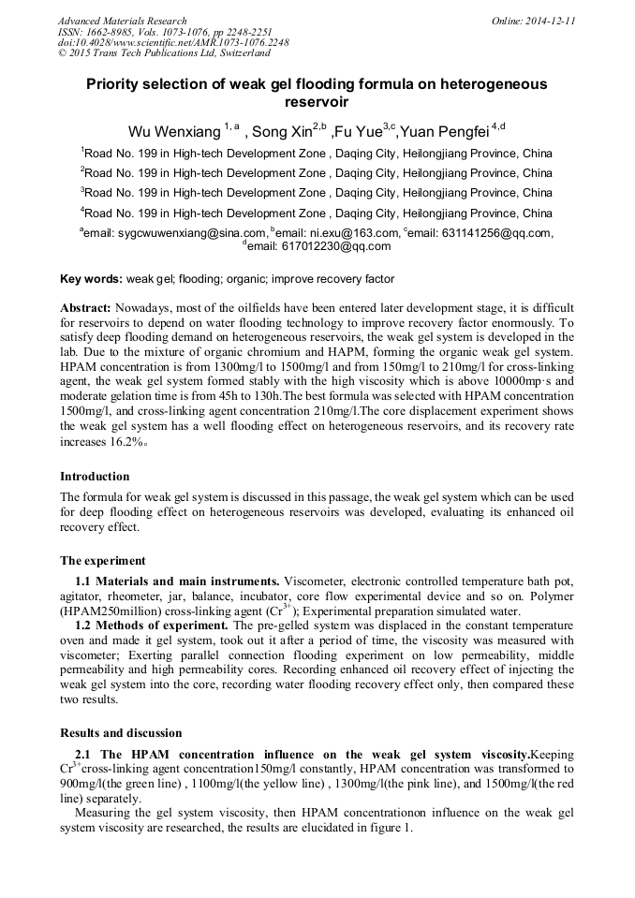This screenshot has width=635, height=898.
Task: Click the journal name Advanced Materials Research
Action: (x=122, y=20)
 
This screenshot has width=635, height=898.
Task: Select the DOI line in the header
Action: (x=173, y=42)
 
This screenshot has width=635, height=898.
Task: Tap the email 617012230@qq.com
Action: (x=346, y=246)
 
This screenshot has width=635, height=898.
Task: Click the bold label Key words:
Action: (x=91, y=279)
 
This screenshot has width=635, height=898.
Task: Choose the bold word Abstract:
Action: (x=86, y=308)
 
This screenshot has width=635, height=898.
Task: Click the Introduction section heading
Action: (x=95, y=476)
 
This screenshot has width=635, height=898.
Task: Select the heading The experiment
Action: (x=102, y=561)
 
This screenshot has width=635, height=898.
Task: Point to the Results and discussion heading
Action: (x=121, y=732)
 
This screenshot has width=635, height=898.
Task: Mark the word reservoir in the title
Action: (x=317, y=101)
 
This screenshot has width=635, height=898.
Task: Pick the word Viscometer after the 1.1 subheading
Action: (x=317, y=581)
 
